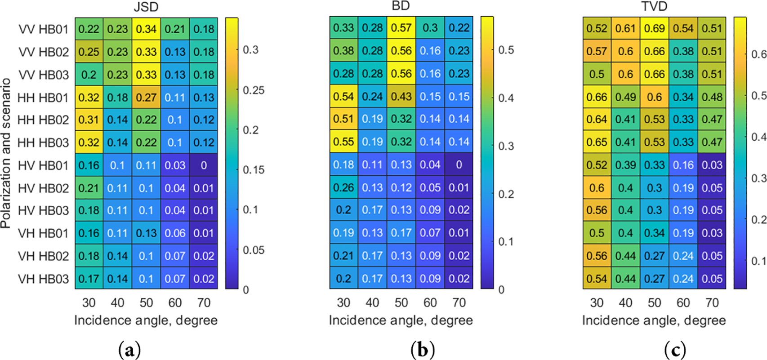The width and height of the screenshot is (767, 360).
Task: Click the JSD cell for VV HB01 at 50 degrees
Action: click(x=146, y=29)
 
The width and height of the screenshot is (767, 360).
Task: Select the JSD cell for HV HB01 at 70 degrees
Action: click(x=204, y=165)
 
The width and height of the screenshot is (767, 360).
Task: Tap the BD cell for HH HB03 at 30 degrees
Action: click(x=343, y=142)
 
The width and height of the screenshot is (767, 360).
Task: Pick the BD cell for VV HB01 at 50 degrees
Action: click(x=401, y=28)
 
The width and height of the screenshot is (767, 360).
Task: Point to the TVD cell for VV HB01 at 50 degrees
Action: click(x=654, y=28)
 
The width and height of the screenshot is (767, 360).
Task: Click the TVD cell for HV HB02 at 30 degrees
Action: click(x=597, y=188)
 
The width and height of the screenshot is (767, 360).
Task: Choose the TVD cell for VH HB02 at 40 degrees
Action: click(x=625, y=256)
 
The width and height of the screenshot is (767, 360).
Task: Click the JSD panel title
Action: click(x=146, y=7)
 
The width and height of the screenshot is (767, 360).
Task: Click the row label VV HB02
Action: click(x=44, y=52)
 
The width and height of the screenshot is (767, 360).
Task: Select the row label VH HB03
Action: click(x=43, y=279)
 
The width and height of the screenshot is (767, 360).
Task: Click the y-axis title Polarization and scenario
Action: click(x=6, y=153)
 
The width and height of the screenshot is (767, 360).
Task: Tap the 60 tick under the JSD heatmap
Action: click(x=175, y=303)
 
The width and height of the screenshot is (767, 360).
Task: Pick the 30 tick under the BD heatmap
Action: click(x=343, y=303)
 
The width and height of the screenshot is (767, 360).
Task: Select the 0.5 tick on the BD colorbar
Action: click(x=506, y=50)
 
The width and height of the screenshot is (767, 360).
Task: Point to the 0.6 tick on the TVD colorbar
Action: click(x=759, y=54)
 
